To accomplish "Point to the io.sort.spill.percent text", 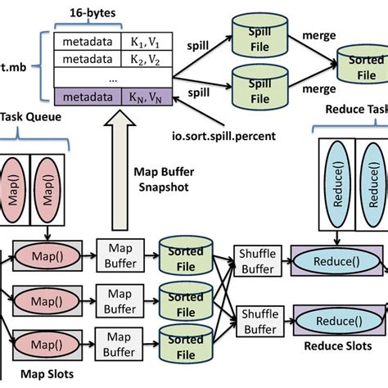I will pyautogui.click(x=250, y=130).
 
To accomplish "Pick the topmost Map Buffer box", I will pyautogui.click(x=120, y=253).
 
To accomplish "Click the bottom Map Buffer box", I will pyautogui.click(x=120, y=343).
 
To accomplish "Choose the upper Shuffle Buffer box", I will pyautogui.click(x=257, y=262).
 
